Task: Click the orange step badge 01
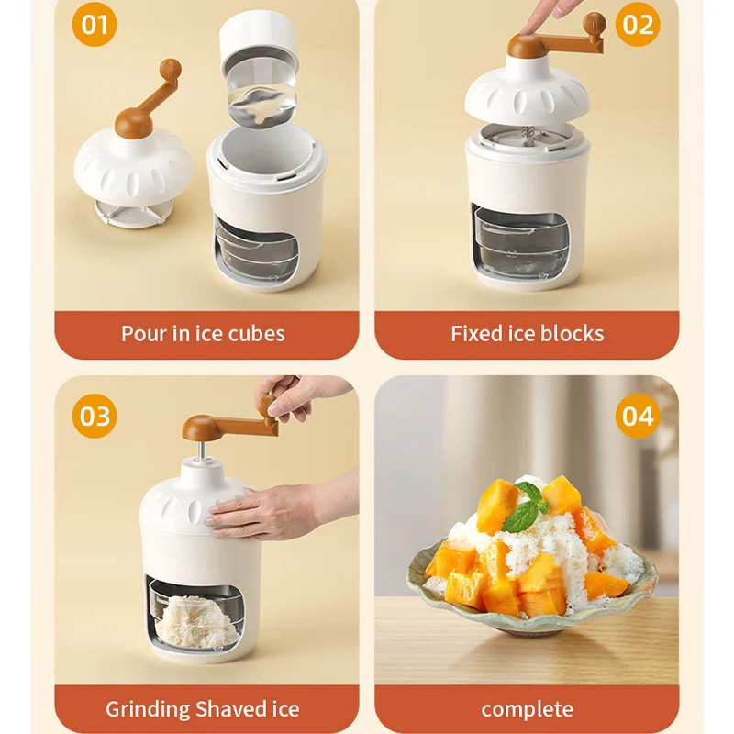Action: coord(95,24)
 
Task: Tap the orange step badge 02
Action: coord(637,24)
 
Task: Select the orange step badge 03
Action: coord(95,416)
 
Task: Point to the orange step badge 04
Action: coord(637,416)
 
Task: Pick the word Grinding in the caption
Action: coord(147,709)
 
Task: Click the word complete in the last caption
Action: coord(527,709)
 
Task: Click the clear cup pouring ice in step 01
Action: coord(261,94)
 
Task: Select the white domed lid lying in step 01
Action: coord(132,169)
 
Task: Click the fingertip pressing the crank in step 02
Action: coord(527,29)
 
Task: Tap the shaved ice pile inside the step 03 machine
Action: coord(196,621)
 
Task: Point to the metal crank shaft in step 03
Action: coord(200,450)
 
